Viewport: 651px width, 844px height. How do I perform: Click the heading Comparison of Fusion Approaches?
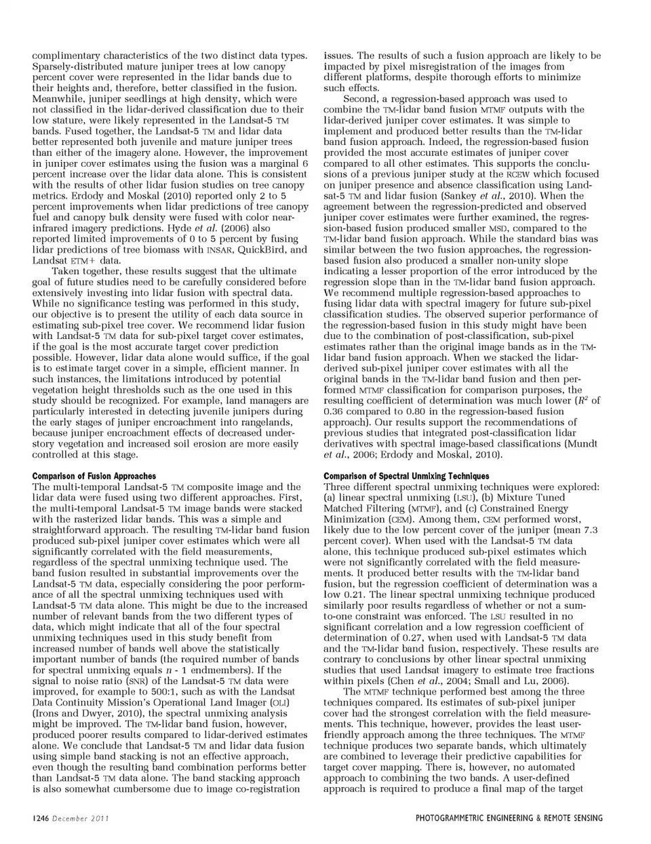[x=94, y=476]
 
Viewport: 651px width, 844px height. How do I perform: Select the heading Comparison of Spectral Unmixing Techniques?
[x=406, y=476]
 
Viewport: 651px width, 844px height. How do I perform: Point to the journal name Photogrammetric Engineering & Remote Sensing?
[x=509, y=818]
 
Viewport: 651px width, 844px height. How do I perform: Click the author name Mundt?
[x=580, y=443]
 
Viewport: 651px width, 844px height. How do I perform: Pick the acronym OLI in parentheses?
[x=279, y=702]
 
